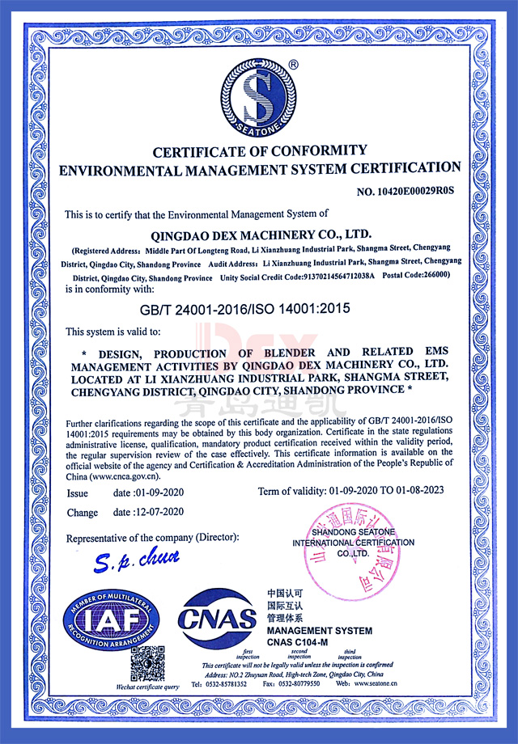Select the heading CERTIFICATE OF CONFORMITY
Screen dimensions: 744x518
259,150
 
